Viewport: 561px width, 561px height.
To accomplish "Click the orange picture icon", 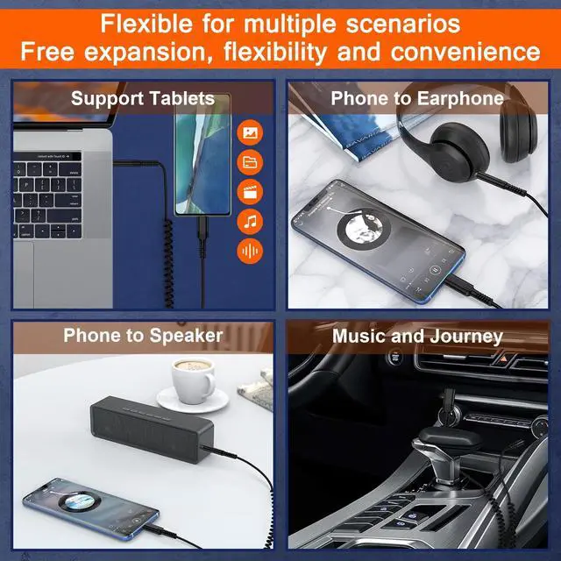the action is tap(250, 132).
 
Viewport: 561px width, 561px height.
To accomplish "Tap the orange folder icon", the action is tap(250, 162).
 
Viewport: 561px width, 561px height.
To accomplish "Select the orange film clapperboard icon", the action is tap(250, 192).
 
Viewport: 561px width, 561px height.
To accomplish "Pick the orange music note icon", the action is tap(250, 222).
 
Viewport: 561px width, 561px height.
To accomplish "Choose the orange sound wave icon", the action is tap(250, 251).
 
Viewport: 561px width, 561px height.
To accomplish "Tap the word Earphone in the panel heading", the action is tap(460, 98).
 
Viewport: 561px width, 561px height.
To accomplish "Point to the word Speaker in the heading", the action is tap(186, 336).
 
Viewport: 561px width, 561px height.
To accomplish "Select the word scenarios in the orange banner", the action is tap(403, 24).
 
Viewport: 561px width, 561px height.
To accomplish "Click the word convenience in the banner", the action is tap(465, 52).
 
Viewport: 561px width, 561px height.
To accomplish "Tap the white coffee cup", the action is tap(194, 380).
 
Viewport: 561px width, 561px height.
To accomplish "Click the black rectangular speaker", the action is tap(152, 429).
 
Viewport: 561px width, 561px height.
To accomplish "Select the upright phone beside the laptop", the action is tap(202, 154).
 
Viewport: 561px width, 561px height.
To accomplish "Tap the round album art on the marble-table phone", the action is tap(364, 228).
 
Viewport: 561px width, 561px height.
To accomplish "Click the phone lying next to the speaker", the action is tap(91, 508).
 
